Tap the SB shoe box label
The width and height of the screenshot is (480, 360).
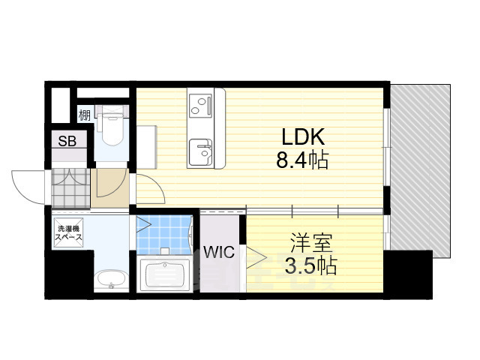click(x=67, y=141)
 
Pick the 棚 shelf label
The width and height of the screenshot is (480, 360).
click(x=85, y=115)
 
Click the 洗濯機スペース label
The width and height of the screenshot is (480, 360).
click(x=67, y=232)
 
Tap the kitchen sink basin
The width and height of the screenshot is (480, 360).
click(x=201, y=152)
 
